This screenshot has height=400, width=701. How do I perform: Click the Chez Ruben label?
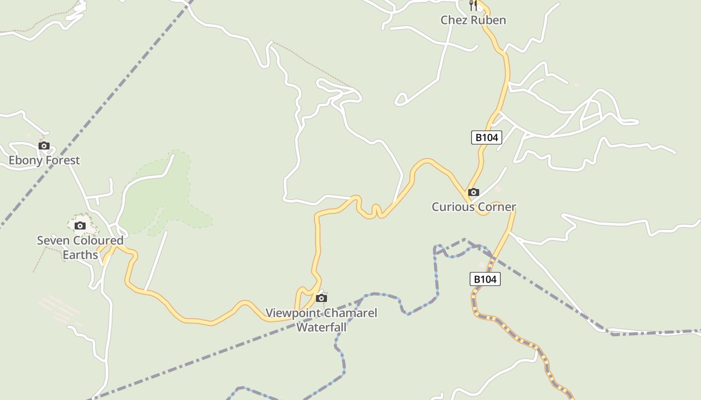coord(473,20)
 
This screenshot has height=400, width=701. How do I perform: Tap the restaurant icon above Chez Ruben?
coord(473,4)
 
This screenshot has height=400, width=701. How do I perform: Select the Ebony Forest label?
coord(45,160)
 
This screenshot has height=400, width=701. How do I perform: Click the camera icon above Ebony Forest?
coord(44,146)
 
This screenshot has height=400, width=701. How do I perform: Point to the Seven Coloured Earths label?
coord(80,247)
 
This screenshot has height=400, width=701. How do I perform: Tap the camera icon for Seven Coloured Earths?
coord(80,225)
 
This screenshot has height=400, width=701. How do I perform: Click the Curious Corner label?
coord(474,207)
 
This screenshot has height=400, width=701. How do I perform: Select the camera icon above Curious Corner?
coord(473,192)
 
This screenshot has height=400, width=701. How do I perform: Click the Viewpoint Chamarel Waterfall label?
coord(321,320)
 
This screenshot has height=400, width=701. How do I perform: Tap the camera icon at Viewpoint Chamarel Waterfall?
coord(321,298)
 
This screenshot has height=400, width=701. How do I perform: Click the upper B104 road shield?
coord(486,137)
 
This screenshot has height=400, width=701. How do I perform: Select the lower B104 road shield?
coord(485,279)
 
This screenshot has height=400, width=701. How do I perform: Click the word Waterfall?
coord(321,327)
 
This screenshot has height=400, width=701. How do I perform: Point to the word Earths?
coord(80,255)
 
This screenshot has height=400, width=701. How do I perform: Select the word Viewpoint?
coord(291,313)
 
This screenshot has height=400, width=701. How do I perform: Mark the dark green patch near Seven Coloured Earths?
coord(160,195)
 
